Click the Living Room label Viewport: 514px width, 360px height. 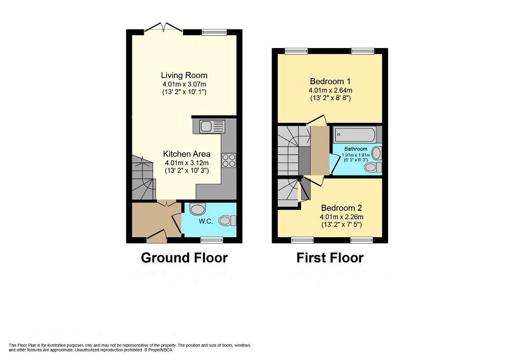point(184,75)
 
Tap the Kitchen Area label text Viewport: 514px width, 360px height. point(187,154)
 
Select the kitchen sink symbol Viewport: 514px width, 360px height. point(210,127)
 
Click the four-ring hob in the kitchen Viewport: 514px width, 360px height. point(229,160)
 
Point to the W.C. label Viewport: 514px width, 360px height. point(206,221)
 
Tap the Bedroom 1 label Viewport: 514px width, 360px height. point(330,82)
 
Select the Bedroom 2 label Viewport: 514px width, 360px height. point(341,208)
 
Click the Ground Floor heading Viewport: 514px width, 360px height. point(184,258)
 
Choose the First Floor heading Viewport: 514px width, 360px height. point(330,258)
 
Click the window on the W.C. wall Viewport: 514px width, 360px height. point(211,240)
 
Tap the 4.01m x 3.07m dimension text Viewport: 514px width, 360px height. point(184,84)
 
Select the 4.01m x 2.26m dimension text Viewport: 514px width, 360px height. point(341,217)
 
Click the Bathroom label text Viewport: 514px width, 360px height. point(356,149)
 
